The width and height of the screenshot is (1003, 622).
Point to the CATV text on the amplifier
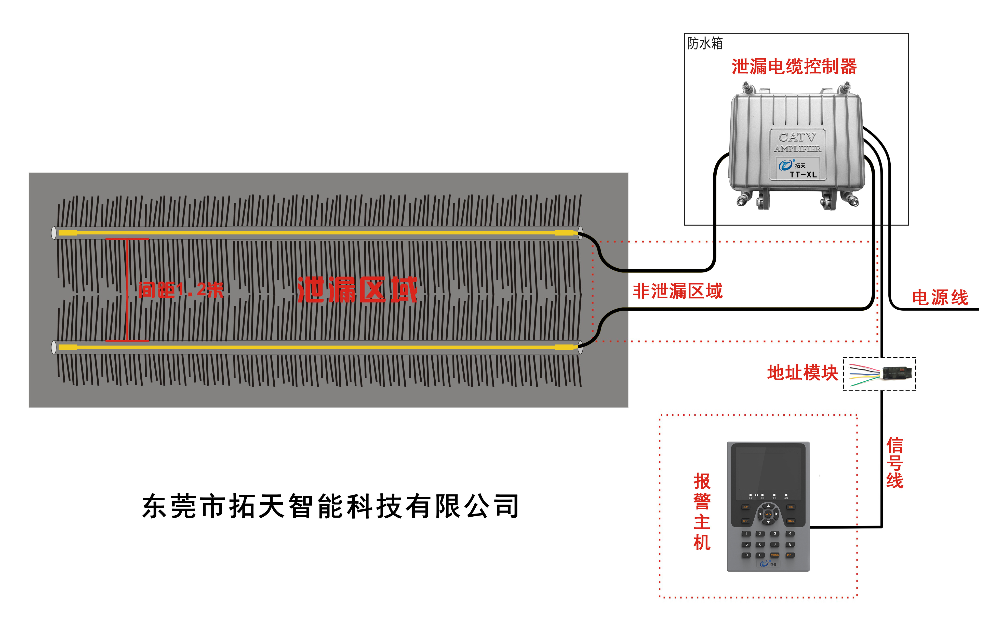797,137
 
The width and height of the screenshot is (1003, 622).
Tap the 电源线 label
940,297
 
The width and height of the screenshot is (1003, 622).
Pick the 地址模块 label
803,373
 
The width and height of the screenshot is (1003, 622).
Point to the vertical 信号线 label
894,463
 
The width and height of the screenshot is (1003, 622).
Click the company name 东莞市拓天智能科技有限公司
330,506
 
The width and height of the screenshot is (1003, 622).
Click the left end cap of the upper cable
54,233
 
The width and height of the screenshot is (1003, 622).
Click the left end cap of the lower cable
54,347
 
